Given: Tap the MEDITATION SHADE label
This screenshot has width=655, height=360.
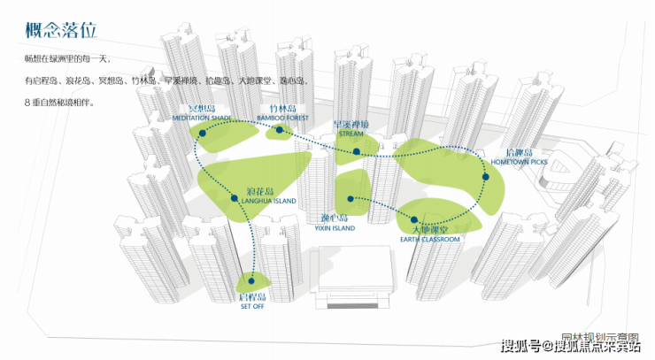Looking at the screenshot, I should pos(203,117).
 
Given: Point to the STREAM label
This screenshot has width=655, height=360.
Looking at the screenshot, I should pos(351,135).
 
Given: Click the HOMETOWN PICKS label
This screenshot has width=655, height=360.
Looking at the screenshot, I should pos(520,163).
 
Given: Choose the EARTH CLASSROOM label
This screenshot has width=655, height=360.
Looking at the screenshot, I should pos(429,240).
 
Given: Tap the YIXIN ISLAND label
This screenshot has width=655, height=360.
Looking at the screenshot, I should pos(334,227).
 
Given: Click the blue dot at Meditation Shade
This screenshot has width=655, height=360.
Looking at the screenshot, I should pos(202,133).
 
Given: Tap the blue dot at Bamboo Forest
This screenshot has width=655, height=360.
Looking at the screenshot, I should pos(279,130).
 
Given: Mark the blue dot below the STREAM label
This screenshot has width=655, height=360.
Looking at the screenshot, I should pos(356,151).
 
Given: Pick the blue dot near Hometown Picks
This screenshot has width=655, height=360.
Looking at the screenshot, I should pos(485,178).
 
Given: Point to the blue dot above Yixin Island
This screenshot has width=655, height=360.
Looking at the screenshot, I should pos(351,198).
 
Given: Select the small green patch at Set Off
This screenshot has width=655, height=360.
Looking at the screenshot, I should pos(251,283).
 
